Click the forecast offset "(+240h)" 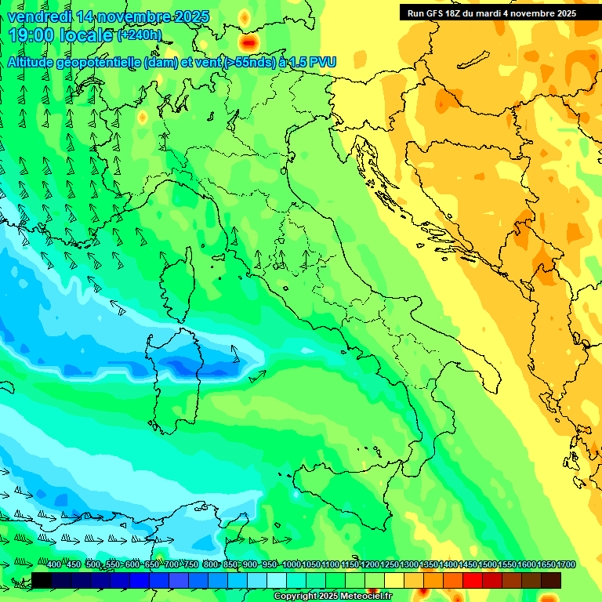(x=140, y=35)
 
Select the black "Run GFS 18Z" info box (x=491, y=13)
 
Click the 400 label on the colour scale (x=53, y=565)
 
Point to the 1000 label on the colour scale (x=291, y=565)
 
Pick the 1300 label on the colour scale (x=408, y=565)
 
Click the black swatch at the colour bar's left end (x=42, y=580)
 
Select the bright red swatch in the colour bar (x=473, y=580)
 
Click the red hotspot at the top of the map (x=250, y=42)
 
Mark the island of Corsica (x=176, y=282)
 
